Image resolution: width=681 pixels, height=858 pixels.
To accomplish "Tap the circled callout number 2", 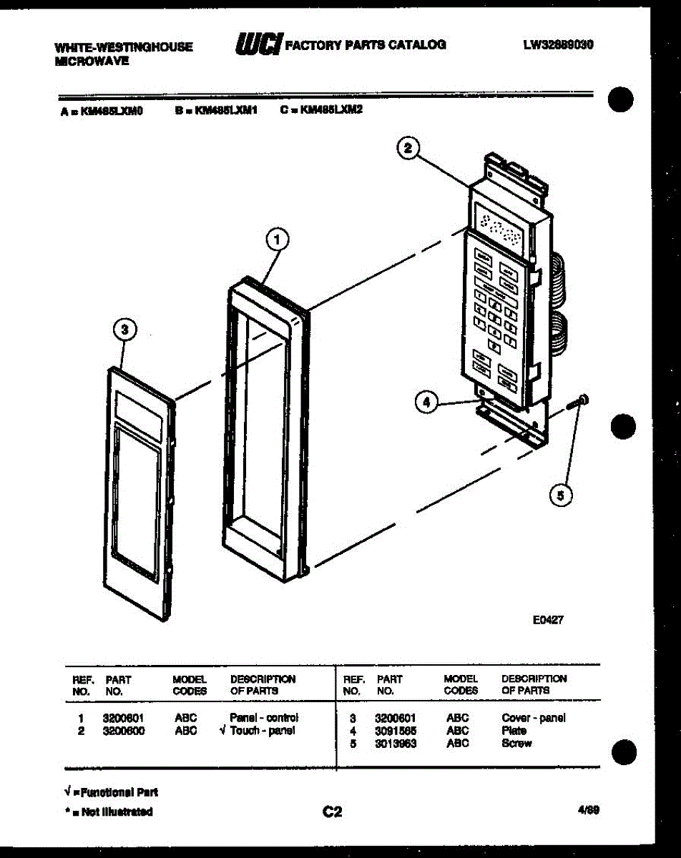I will coord(407,148).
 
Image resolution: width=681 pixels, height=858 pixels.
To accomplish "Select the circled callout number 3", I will coord(124,330).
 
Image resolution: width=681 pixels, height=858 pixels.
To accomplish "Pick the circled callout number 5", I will coord(562,495).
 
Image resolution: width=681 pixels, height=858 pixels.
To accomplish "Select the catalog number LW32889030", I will coord(559,44).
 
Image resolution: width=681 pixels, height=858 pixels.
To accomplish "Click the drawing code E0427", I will coord(548,621).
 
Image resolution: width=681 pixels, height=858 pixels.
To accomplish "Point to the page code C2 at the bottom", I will coord(332,812).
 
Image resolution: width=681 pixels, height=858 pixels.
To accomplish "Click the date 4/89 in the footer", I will coord(589,810).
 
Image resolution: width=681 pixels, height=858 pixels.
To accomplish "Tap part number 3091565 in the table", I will coord(396,731).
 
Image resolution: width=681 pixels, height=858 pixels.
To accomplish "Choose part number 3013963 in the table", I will coord(396,744).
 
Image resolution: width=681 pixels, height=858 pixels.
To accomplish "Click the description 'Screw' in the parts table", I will coord(516,744).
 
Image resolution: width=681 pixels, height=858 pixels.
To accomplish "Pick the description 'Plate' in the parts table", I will coord(514,731).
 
